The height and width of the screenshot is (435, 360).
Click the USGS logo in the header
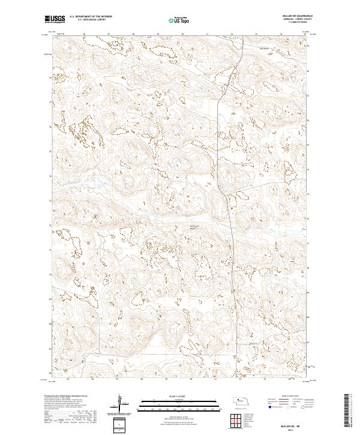click(x=55, y=19)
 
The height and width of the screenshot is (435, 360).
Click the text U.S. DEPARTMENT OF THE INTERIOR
click(x=91, y=16)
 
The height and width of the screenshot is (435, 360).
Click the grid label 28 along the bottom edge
click(x=141, y=379)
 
